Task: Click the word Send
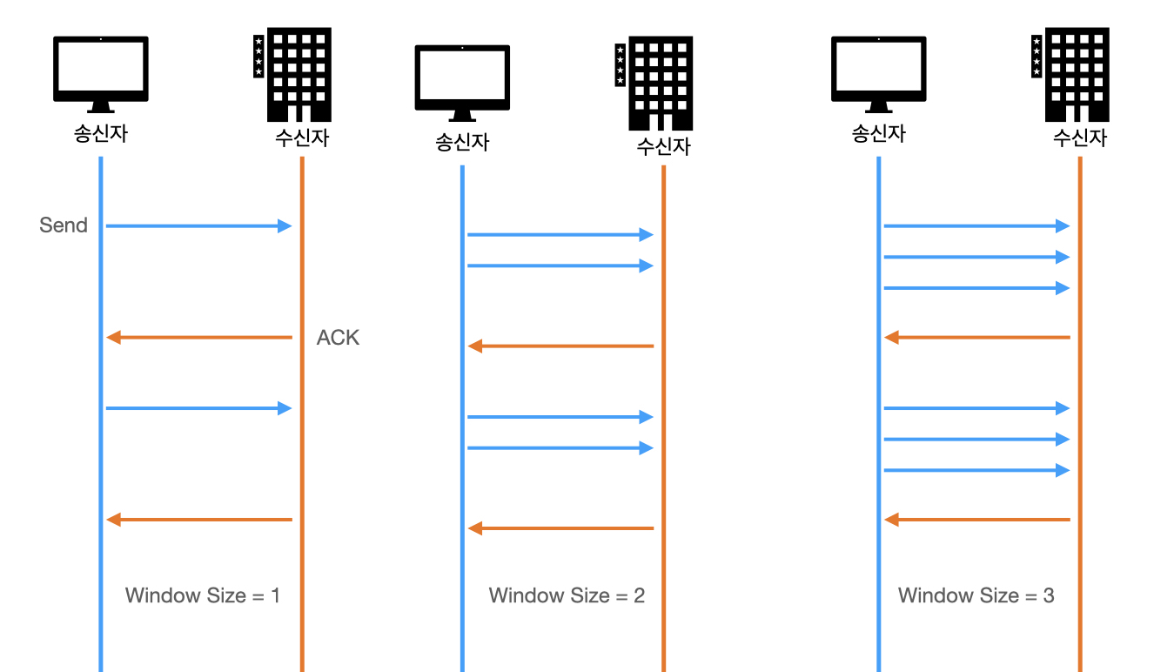pyautogui.click(x=64, y=225)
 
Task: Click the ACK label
pyautogui.click(x=338, y=338)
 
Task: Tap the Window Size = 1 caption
pyautogui.click(x=203, y=595)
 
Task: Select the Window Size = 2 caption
pyautogui.click(x=567, y=595)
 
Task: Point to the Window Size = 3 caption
pyautogui.click(x=976, y=595)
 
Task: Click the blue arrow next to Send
pyautogui.click(x=198, y=225)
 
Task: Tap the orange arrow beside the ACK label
pyautogui.click(x=198, y=338)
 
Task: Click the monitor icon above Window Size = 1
pyautogui.click(x=101, y=74)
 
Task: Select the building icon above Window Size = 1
pyautogui.click(x=292, y=74)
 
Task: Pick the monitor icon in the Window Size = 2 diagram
pyautogui.click(x=462, y=83)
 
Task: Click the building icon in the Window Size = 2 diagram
pyautogui.click(x=654, y=83)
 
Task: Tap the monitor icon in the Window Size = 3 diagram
pyautogui.click(x=879, y=74)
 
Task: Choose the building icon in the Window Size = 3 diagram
pyautogui.click(x=1070, y=74)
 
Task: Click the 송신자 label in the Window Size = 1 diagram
pyautogui.click(x=101, y=134)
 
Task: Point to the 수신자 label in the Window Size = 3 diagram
pyautogui.click(x=1080, y=138)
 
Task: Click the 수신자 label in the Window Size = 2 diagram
pyautogui.click(x=663, y=146)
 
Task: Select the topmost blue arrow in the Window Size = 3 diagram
pyautogui.click(x=976, y=225)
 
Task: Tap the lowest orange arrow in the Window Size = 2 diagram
pyautogui.click(x=560, y=528)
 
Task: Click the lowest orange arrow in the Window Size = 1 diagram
pyautogui.click(x=198, y=520)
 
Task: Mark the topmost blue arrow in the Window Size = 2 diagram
pyautogui.click(x=560, y=234)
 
